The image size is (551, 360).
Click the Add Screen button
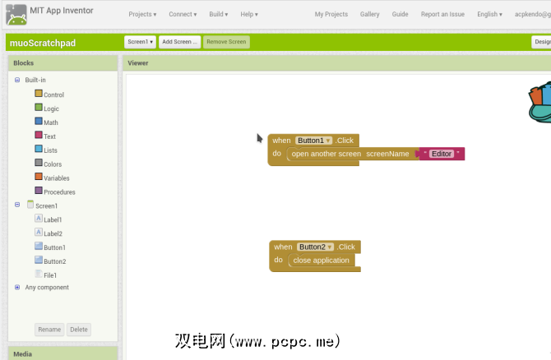(179, 42)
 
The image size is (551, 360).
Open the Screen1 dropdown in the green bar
(140, 42)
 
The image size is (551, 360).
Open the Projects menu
(142, 15)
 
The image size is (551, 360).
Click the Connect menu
(183, 15)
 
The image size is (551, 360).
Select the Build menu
(219, 15)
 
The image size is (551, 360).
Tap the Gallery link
(370, 15)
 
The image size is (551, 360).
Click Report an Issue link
(442, 15)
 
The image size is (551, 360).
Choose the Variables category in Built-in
(56, 178)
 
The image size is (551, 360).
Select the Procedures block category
(59, 192)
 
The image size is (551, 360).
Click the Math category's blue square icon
(39, 121)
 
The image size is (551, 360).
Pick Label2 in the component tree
(53, 233)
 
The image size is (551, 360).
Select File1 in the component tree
(50, 275)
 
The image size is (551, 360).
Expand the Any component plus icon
(17, 288)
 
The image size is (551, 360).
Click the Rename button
(49, 330)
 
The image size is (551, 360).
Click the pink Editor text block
(442, 154)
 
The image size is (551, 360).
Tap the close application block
(322, 261)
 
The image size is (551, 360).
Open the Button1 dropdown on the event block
(313, 141)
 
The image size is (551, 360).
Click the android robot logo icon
(16, 15)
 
